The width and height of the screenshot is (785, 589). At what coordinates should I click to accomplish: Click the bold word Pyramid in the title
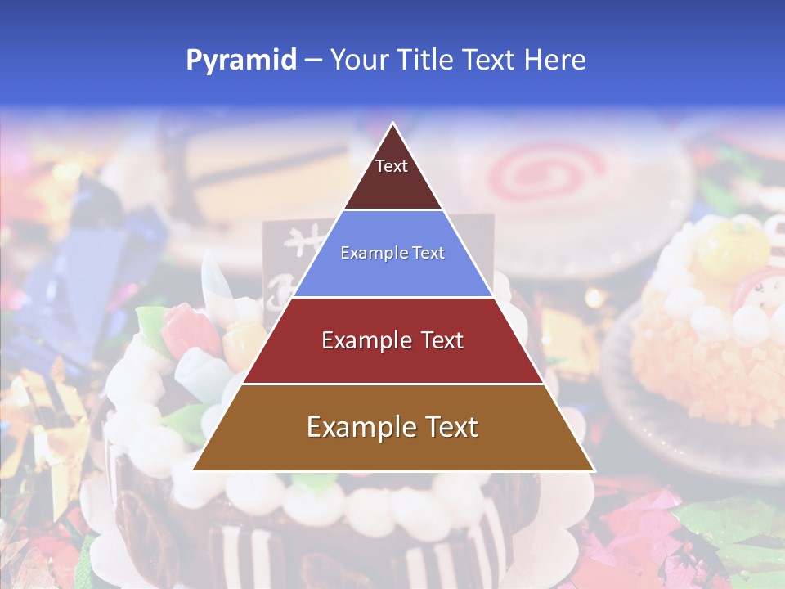pos(240,61)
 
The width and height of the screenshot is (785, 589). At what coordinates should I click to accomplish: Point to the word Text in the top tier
pos(392,166)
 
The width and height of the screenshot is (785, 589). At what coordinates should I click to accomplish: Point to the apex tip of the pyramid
pos(393,124)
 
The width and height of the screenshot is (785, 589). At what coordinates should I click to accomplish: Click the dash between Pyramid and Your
pos(313,61)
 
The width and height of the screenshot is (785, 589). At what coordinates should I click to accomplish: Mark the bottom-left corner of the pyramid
pos(194,470)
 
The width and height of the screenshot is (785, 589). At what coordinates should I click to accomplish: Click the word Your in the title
pos(357,61)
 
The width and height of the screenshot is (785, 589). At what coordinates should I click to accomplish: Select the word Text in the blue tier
pos(425,254)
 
